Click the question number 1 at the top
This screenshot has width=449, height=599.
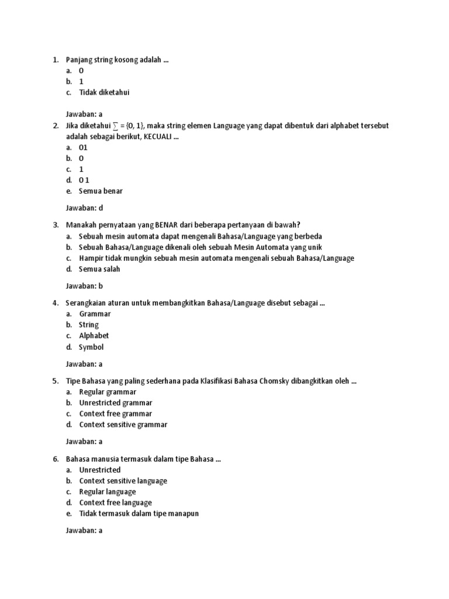coord(55,60)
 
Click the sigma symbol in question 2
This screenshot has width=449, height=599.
coord(115,126)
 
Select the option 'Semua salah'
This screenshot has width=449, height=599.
coord(99,269)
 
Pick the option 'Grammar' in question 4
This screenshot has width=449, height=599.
coord(95,314)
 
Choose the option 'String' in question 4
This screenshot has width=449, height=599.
coord(89,325)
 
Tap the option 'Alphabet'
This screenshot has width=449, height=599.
coord(94,336)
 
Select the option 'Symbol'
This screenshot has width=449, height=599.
coord(91,347)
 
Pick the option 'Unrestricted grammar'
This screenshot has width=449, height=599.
coord(116,402)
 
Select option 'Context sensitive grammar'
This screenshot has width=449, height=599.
coord(123,425)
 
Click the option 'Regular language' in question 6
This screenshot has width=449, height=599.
coord(108,492)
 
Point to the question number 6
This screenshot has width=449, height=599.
coord(55,459)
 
